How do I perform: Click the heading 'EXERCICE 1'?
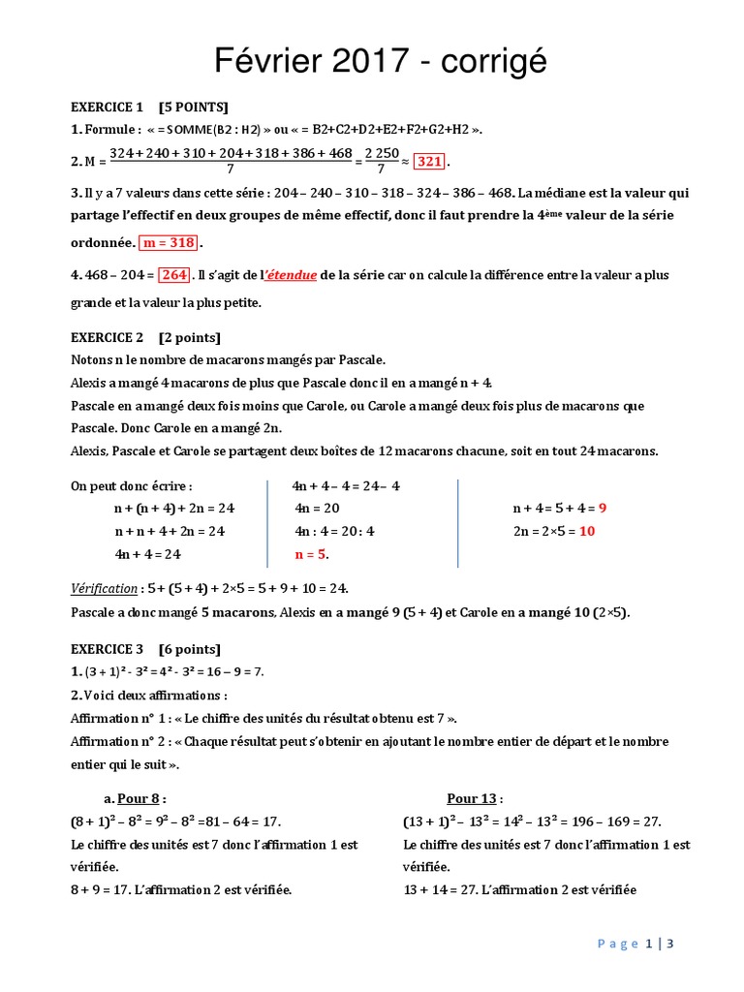click(107, 107)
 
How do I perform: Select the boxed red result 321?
click(433, 161)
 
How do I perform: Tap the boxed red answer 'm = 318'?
click(170, 242)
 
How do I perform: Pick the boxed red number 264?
click(173, 275)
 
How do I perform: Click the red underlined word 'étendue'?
click(290, 275)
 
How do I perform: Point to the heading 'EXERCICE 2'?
click(107, 337)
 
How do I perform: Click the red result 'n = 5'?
click(311, 555)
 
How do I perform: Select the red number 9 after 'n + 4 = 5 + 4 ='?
click(603, 508)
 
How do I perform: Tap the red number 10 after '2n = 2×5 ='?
click(587, 531)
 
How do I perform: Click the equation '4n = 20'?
click(318, 508)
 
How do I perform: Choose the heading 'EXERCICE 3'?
click(107, 649)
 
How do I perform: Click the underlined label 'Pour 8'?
click(139, 798)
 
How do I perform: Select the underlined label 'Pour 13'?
click(472, 798)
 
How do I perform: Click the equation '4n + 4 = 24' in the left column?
click(148, 555)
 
